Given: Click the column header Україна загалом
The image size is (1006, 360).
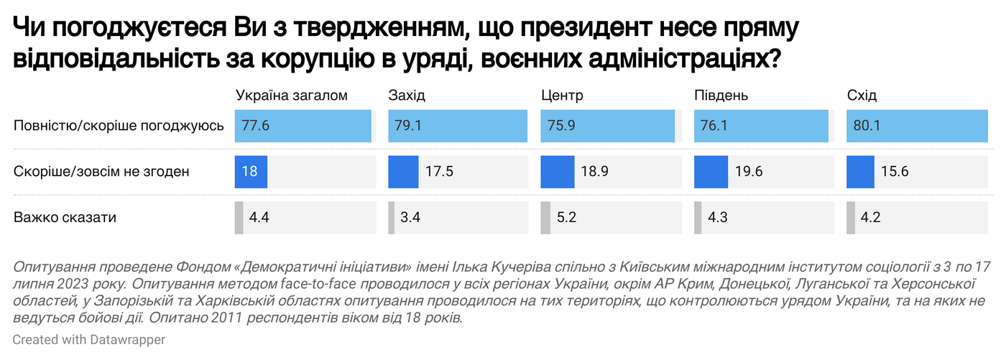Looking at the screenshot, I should [x=291, y=96].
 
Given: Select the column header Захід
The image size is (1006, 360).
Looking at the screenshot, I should [x=407, y=96].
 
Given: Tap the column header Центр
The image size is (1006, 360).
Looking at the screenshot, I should [x=562, y=96].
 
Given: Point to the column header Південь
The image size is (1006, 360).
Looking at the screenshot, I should [x=721, y=96].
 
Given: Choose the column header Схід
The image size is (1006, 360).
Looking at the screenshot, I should [x=862, y=96].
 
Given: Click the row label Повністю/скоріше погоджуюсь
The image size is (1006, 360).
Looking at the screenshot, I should [x=119, y=126].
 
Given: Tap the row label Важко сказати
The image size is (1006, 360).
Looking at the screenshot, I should [x=65, y=217].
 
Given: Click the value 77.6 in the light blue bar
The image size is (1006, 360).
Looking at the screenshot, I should [x=255, y=126].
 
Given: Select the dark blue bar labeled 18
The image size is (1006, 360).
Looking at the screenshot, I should [x=251, y=172].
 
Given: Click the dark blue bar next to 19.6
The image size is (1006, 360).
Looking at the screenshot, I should [x=711, y=172].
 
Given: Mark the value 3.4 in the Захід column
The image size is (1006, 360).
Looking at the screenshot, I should [x=410, y=217].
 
